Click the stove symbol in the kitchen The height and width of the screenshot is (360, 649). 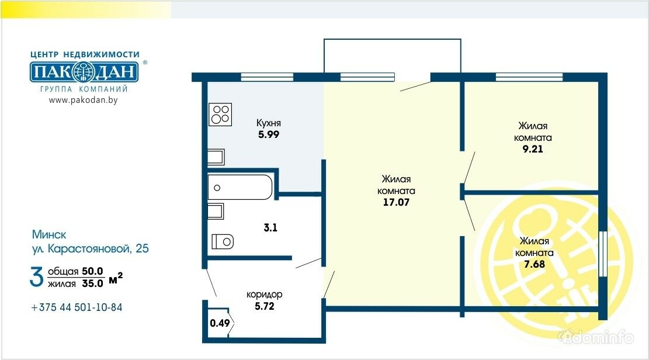click(220, 115)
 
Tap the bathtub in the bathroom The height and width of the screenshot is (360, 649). click(240, 187)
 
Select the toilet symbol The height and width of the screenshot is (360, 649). click(223, 241)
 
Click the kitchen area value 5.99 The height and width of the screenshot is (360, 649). click(269, 134)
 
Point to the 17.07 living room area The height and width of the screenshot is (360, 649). click(396, 202)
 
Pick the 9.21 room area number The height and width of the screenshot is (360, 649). click(533, 149)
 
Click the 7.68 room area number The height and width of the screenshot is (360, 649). click(535, 264)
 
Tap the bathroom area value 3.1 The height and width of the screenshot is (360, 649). click(270, 227)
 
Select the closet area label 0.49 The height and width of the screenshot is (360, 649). click(220, 323)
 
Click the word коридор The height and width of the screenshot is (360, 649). click(265, 295)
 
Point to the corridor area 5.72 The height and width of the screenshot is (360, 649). click(265, 306)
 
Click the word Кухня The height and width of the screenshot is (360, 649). click(269, 123)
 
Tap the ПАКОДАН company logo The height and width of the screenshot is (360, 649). click(84, 72)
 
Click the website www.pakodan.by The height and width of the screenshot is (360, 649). click(83, 100)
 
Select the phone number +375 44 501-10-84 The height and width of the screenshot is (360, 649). click(77, 307)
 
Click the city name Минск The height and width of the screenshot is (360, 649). click(49, 234)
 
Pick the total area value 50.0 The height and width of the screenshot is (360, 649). click(92, 271)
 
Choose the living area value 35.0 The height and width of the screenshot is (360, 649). click(92, 283)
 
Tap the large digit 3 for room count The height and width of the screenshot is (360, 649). click(36, 278)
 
